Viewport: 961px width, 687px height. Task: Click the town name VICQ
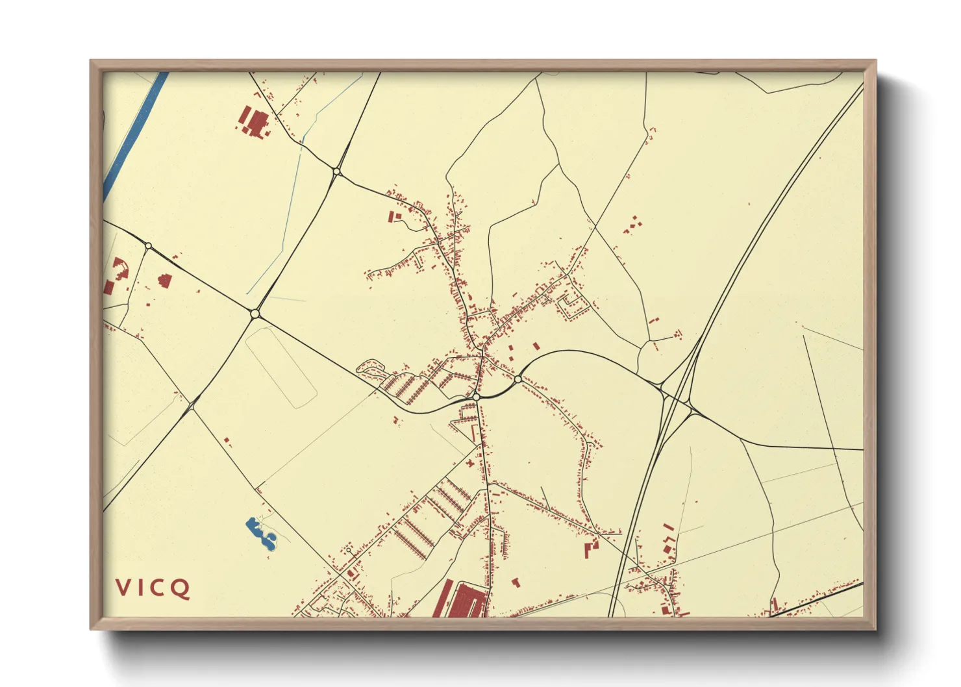pos(153,588)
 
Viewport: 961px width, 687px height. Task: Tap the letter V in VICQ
pos(122,588)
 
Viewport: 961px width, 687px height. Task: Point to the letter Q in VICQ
pos(181,588)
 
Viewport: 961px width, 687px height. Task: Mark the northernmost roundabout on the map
pos(336,171)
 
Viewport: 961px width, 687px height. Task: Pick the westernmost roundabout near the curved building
pos(149,245)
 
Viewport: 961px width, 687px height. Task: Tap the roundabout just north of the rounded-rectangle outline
pos(255,314)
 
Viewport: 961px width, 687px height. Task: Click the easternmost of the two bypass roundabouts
pos(518,379)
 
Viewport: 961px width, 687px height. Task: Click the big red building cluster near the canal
pos(254,122)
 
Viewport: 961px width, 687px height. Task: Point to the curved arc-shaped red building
pos(119,268)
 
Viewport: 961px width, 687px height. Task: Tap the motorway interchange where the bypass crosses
pos(677,397)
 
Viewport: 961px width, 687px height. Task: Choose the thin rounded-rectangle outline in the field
pos(281,368)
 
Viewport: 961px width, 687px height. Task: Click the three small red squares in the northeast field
pos(632,225)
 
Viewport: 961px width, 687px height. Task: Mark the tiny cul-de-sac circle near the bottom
pos(349,550)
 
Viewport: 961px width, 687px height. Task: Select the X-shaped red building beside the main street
pos(470,464)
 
